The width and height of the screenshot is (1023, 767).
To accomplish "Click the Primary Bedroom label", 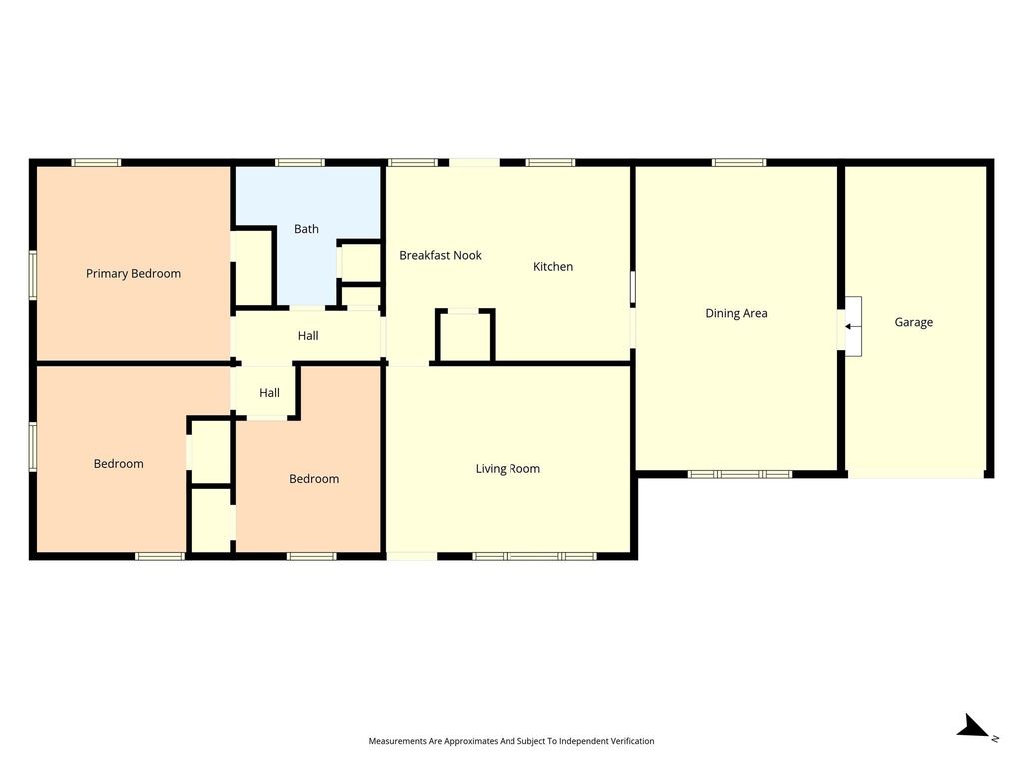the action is coord(133,274).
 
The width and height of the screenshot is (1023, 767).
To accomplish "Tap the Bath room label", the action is coord(306,229).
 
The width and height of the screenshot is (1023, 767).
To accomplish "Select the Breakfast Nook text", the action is coord(440,255).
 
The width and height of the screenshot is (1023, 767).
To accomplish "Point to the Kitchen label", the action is coord(553,266).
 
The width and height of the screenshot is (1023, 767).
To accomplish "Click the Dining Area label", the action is coord(736,313).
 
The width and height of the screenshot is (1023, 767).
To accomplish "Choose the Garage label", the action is coord(913,322).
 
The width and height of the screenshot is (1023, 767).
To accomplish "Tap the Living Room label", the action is coord(508,469).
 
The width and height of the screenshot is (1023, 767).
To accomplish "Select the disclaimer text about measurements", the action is coord(511,741).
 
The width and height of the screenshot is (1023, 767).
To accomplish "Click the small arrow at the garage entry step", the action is coord(848,327).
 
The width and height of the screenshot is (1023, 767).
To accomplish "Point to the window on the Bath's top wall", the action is coord(299,163).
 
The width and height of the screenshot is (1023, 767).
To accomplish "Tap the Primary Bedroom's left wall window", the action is coord(33,275).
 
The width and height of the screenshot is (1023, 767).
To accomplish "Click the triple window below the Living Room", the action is coord(534,556).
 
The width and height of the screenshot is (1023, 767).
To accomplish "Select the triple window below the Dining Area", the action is coord(740,474).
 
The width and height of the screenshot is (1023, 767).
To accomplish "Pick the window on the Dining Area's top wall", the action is coord(739,163).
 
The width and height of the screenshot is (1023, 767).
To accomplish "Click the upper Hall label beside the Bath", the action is coord(308,336).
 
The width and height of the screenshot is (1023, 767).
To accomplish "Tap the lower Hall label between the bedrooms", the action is coord(269,393).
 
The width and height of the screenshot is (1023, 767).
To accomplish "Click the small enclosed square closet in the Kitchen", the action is coord(465,336).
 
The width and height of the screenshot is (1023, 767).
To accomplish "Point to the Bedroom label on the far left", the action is coord(118,464).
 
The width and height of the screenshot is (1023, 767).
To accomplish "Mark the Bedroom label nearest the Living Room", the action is coord(314,479).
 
